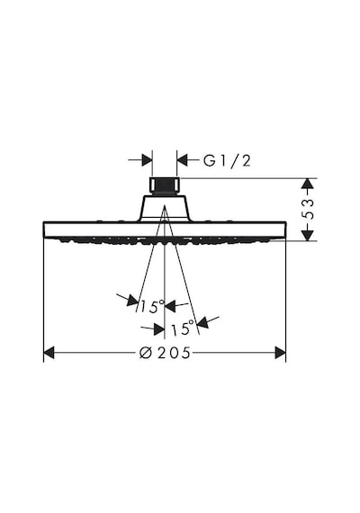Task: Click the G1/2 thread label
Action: point(227,160)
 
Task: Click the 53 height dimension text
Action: point(307,209)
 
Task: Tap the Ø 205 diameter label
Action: point(165,353)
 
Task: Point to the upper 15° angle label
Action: point(152,306)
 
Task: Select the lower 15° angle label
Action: point(183,328)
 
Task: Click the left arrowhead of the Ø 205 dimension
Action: point(49,353)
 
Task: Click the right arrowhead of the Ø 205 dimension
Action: point(281,353)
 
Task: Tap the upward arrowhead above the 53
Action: point(307,184)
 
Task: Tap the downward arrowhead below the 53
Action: point(307,235)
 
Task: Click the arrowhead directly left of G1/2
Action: point(183,160)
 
